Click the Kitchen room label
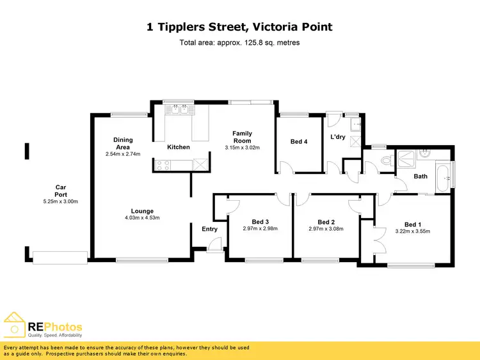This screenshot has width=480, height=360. [x=178, y=147]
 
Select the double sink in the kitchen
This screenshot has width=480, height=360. [x=179, y=109]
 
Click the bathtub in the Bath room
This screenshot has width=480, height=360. [x=442, y=176]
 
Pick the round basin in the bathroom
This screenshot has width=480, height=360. [x=424, y=153]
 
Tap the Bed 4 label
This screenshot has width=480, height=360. [x=299, y=141]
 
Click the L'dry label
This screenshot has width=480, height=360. [x=338, y=137]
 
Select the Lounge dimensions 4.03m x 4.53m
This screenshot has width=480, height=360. [x=141, y=218]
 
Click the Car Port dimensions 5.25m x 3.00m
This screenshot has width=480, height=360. [x=60, y=201]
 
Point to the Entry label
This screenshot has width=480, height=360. [x=209, y=229]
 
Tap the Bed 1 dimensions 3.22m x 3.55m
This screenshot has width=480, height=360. [x=413, y=231]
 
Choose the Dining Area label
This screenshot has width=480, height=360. [x=123, y=143]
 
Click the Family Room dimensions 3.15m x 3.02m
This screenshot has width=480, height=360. [x=242, y=148]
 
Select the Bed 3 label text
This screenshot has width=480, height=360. [x=260, y=222]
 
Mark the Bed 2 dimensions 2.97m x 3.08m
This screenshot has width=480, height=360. [x=326, y=229]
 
